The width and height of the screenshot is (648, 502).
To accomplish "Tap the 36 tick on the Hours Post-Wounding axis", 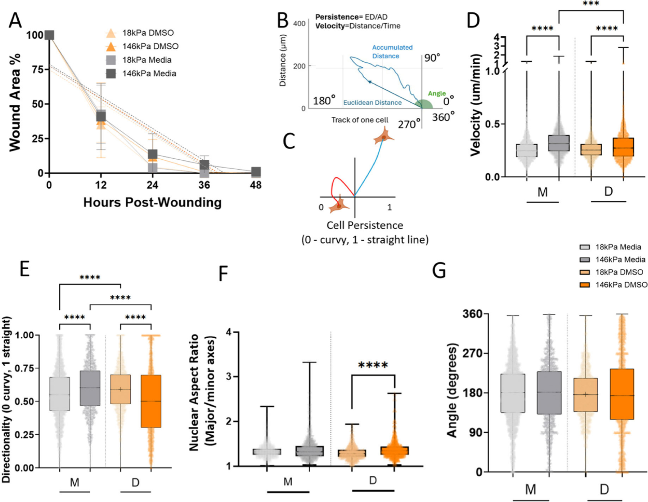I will [204, 185].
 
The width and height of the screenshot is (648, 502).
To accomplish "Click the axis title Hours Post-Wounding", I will [152, 202].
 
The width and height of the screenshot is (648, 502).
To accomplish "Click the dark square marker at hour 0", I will [49, 35].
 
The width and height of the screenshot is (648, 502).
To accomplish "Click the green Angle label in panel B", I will [437, 94].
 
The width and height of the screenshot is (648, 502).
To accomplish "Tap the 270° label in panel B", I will [409, 124].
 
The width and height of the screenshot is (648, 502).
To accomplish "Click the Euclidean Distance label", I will [372, 103].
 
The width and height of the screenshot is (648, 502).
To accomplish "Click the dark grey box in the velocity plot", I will [559, 143].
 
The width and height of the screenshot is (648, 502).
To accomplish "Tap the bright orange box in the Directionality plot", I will [151, 401].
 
